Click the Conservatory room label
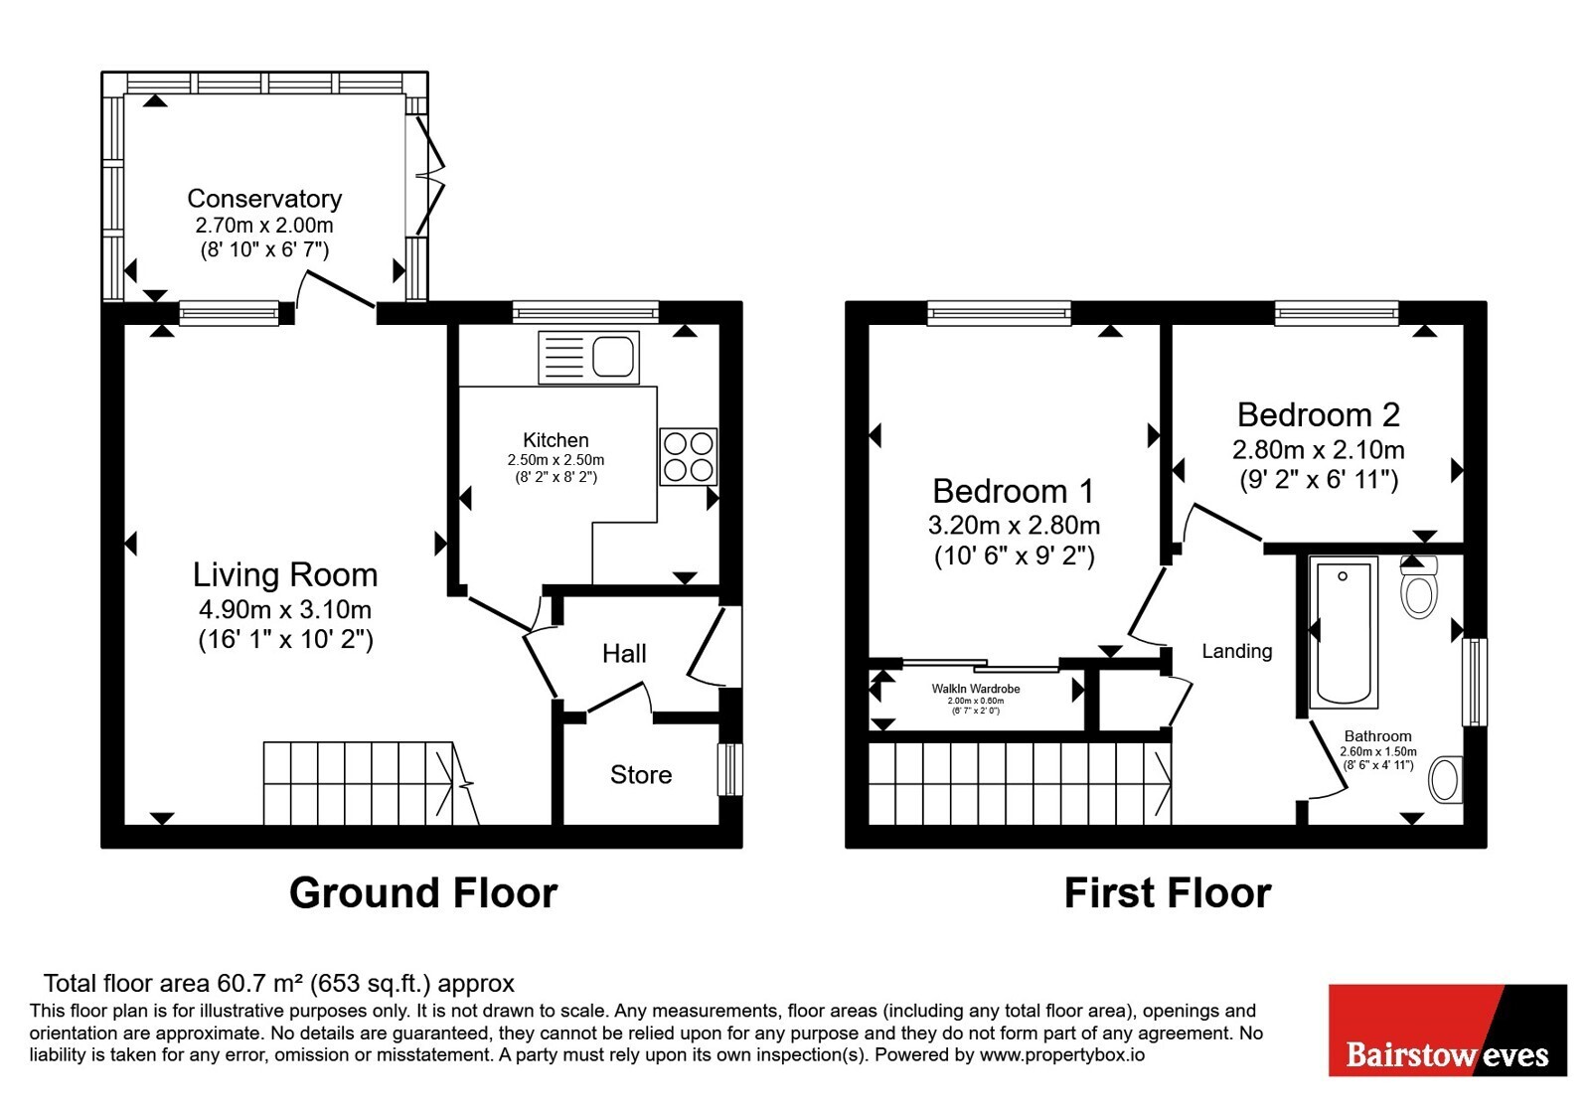(x=264, y=198)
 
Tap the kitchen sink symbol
(x=588, y=357)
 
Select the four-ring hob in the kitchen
(x=688, y=456)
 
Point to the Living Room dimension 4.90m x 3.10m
(x=285, y=609)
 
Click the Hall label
(x=624, y=653)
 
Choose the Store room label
(x=641, y=774)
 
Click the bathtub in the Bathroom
(x=1344, y=632)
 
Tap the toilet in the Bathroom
(x=1419, y=586)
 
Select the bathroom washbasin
(x=1446, y=779)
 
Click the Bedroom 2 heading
(x=1318, y=414)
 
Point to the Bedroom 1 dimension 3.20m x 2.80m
(x=1015, y=526)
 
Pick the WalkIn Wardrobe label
(x=976, y=689)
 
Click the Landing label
(x=1236, y=651)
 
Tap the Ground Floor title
(x=423, y=893)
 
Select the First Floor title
(x=1168, y=893)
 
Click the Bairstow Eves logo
(x=1448, y=1030)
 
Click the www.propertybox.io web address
(x=1062, y=1054)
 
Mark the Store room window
(x=730, y=769)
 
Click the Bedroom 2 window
(x=1337, y=313)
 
